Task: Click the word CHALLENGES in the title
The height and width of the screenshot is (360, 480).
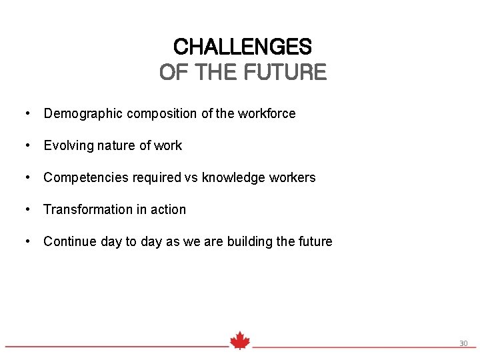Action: point(242,47)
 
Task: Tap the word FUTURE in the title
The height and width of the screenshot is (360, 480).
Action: point(286,71)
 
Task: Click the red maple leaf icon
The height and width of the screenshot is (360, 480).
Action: point(240,341)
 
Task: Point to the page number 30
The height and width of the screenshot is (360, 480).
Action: point(463,343)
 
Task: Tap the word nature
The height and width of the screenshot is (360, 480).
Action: point(121,145)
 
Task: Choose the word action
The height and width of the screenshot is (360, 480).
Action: point(167,209)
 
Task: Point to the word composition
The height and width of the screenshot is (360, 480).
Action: point(160,114)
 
